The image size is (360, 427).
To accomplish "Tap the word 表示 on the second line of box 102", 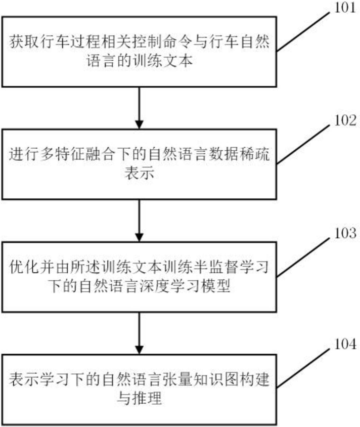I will (x=139, y=174).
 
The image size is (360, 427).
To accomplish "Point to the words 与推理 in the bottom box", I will (x=139, y=399).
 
